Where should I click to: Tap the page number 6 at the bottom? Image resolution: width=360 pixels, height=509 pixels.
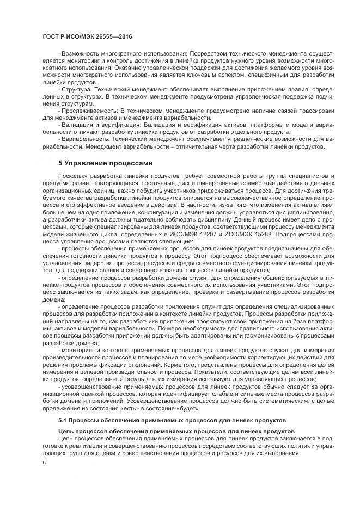pos(44,462)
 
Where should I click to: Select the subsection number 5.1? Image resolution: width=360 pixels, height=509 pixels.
pos(62,421)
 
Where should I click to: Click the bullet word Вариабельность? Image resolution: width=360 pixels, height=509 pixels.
pos(86,139)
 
